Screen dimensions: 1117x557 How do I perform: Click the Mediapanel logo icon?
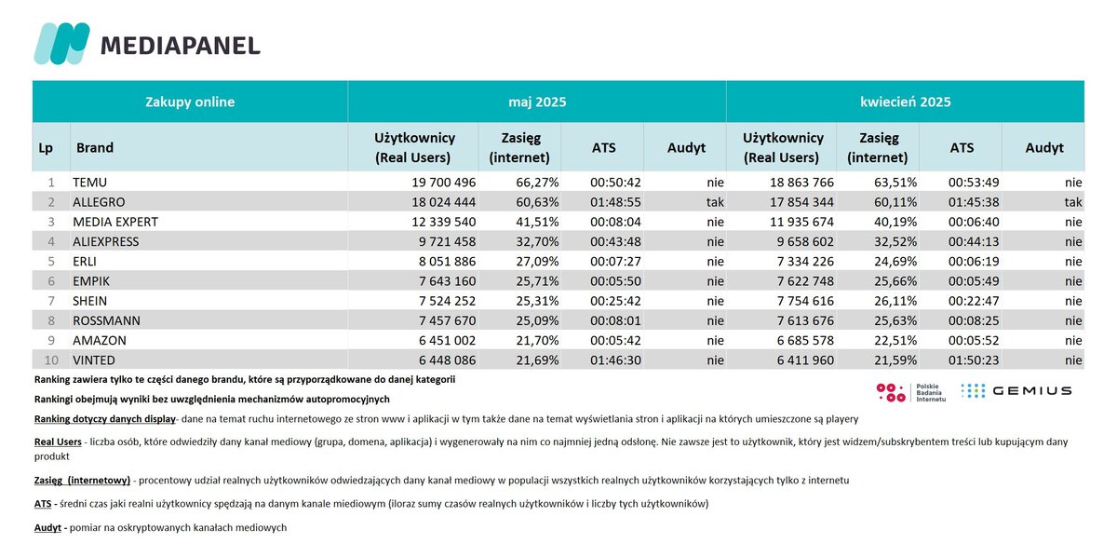(61, 44)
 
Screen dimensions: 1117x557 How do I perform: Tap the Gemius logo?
(1016, 391)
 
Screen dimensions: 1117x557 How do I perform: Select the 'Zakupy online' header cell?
(190, 102)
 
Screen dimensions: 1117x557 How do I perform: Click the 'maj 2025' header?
(537, 102)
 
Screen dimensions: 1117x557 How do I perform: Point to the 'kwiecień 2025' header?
(905, 102)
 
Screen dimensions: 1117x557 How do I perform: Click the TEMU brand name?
(89, 183)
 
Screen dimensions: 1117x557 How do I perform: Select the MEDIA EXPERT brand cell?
(115, 222)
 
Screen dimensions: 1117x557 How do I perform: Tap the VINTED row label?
(94, 360)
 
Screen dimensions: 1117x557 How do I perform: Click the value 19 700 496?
(443, 183)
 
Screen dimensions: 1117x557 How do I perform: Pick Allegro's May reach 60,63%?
(537, 202)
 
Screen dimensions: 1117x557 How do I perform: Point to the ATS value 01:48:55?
(615, 202)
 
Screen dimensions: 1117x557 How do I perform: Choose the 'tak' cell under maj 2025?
(715, 202)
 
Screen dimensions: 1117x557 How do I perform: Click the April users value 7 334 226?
(805, 261)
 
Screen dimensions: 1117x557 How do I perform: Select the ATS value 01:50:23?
(974, 360)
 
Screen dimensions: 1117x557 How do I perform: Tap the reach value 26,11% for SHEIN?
(895, 301)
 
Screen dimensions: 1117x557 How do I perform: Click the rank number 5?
(51, 261)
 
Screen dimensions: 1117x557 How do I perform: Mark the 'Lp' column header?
(46, 148)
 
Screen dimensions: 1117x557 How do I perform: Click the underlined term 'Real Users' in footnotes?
(58, 442)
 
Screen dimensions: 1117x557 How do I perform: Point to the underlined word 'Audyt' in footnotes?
(47, 527)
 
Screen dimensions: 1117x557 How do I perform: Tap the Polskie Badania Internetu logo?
(911, 392)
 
